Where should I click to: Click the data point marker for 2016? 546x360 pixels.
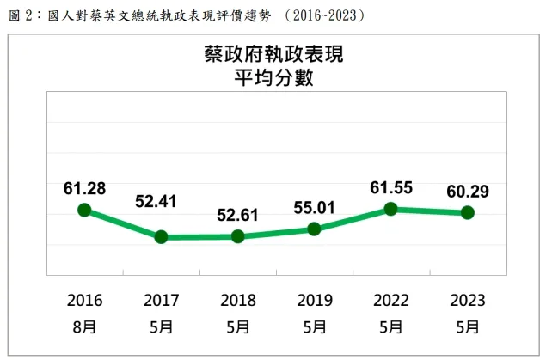tap(84, 210)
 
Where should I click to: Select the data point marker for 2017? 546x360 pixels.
tap(161, 236)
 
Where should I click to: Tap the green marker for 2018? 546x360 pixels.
tap(238, 235)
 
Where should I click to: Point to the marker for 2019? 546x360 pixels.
tap(315, 229)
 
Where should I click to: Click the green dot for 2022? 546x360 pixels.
tap(391, 209)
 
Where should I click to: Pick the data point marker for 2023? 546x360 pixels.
tap(468, 212)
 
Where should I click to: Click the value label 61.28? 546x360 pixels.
tap(84, 188)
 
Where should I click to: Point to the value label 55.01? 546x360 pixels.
tap(314, 207)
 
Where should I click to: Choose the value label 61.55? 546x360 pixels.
tap(391, 187)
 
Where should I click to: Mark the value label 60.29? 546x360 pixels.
tap(468, 191)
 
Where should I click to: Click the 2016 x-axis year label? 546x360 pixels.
tap(84, 301)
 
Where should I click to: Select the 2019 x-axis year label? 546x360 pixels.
tap(315, 301)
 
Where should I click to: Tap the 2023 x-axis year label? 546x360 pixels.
tap(468, 301)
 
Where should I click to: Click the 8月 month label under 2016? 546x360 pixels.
tap(84, 327)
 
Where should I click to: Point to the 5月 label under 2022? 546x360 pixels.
tap(391, 327)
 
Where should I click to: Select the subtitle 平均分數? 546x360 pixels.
tap(273, 80)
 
